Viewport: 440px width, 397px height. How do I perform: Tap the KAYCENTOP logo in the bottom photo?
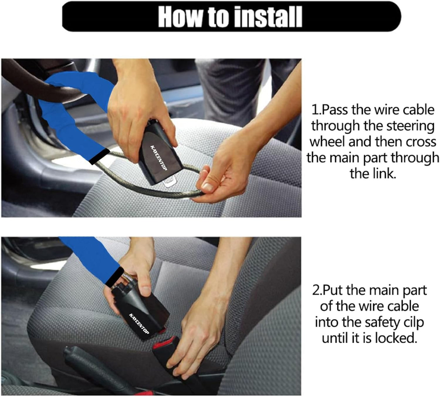[x=140, y=323]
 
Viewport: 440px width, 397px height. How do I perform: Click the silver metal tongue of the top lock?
[x=169, y=182]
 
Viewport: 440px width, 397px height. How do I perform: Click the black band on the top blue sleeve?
[x=100, y=156]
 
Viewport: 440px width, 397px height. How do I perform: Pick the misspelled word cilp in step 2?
[x=413, y=322]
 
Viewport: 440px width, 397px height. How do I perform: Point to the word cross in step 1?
[x=423, y=142]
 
